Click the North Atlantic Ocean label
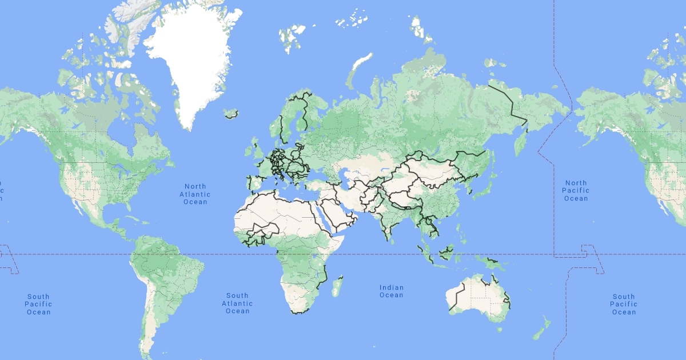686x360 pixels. (195, 194)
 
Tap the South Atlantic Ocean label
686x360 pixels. (237, 303)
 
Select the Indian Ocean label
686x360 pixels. (391, 291)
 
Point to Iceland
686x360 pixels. (232, 114)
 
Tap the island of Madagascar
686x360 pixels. (338, 286)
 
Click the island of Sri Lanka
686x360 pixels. (393, 239)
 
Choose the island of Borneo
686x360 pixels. (446, 251)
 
